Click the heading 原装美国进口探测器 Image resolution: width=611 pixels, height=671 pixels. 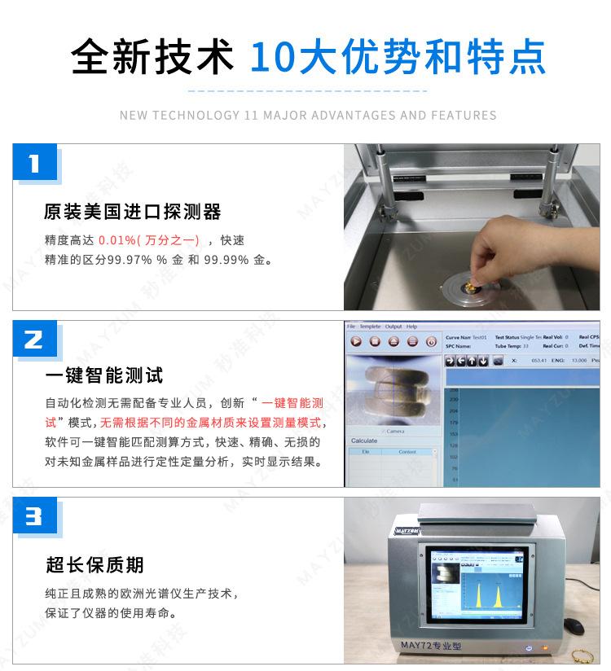point(132,212)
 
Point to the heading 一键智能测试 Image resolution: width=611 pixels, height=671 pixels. point(103,375)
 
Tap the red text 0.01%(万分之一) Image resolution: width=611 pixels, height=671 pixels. point(148,241)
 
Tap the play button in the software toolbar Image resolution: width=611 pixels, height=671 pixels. point(357,341)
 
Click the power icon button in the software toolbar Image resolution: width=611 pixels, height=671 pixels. point(431,341)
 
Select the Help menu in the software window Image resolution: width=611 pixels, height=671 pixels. point(412,327)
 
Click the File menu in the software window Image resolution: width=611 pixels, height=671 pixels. point(352,327)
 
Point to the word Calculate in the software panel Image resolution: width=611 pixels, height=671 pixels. point(364,441)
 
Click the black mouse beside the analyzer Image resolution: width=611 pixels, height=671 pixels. point(574,625)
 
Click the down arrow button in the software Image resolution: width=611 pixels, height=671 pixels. point(483,361)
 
